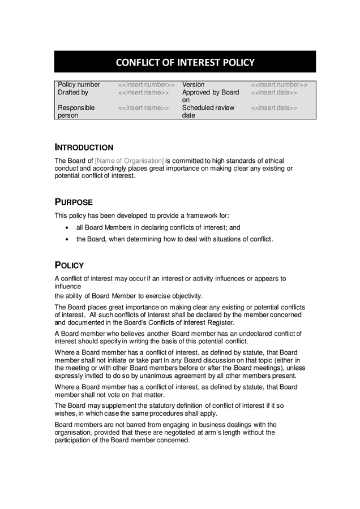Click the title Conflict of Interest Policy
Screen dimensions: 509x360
(x=185, y=62)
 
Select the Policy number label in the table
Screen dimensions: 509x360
(x=79, y=85)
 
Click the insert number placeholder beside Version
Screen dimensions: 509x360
(x=279, y=85)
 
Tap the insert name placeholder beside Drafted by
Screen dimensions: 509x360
(x=144, y=92)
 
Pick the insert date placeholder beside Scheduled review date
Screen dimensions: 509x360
(x=274, y=107)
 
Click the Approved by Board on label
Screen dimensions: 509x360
(x=210, y=96)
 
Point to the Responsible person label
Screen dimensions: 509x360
(x=76, y=111)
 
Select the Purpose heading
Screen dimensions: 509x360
(x=74, y=202)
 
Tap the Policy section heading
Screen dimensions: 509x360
(x=69, y=265)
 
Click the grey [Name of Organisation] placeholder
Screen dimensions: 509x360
(x=129, y=161)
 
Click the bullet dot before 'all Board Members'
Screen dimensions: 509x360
(x=67, y=228)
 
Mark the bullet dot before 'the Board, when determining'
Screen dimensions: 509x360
(x=67, y=239)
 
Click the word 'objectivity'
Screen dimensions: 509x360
(x=183, y=295)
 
